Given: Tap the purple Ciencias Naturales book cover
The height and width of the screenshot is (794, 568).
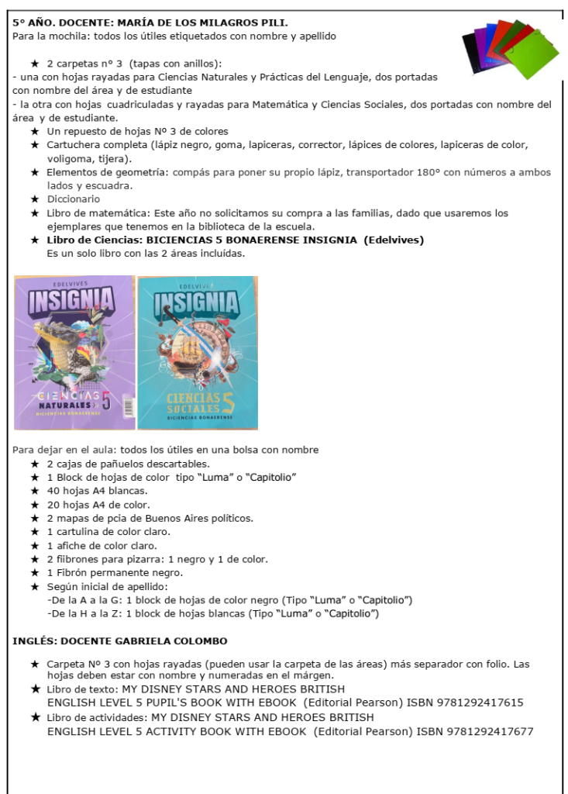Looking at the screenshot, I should [x=74, y=353].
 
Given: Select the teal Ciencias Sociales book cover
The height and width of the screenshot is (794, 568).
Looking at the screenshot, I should [x=198, y=353].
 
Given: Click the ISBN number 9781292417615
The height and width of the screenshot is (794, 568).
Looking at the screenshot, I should [x=470, y=703].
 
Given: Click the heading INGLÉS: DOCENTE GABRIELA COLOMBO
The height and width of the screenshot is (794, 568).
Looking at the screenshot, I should [x=119, y=641].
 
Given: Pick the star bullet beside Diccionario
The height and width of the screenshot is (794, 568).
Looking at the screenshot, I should [x=35, y=199].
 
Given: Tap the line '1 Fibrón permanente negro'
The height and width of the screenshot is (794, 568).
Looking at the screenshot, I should [x=115, y=573].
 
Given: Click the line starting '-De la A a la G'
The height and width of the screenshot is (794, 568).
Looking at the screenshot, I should [x=229, y=600].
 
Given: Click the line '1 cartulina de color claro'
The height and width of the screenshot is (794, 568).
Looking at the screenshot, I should [x=108, y=532].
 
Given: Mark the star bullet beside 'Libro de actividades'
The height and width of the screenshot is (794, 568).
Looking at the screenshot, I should [x=35, y=717].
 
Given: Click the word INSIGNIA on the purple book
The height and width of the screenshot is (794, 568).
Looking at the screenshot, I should [x=74, y=299].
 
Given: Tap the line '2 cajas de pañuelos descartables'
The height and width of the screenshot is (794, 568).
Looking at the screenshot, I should [x=128, y=464].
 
